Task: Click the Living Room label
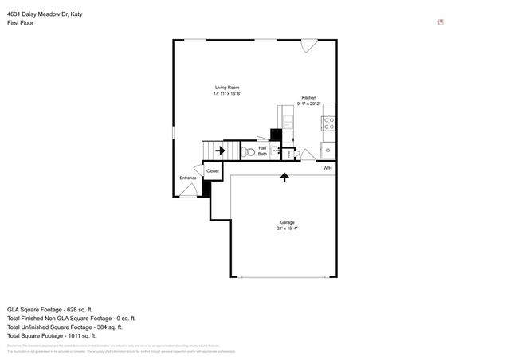click(x=227, y=87)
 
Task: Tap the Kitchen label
click(x=308, y=97)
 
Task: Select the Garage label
click(x=287, y=222)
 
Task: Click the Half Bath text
click(x=262, y=151)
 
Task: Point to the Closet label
click(x=213, y=170)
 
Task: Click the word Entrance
click(x=187, y=178)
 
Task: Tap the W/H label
click(x=328, y=168)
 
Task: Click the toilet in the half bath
click(x=248, y=151)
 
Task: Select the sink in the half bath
click(x=277, y=150)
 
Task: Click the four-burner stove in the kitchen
click(x=328, y=123)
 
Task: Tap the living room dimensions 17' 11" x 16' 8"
click(x=227, y=93)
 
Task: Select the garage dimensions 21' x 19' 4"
click(x=287, y=229)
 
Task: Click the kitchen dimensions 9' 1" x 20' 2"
click(x=308, y=104)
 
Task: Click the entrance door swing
click(x=188, y=190)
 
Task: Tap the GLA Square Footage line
click(x=50, y=308)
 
